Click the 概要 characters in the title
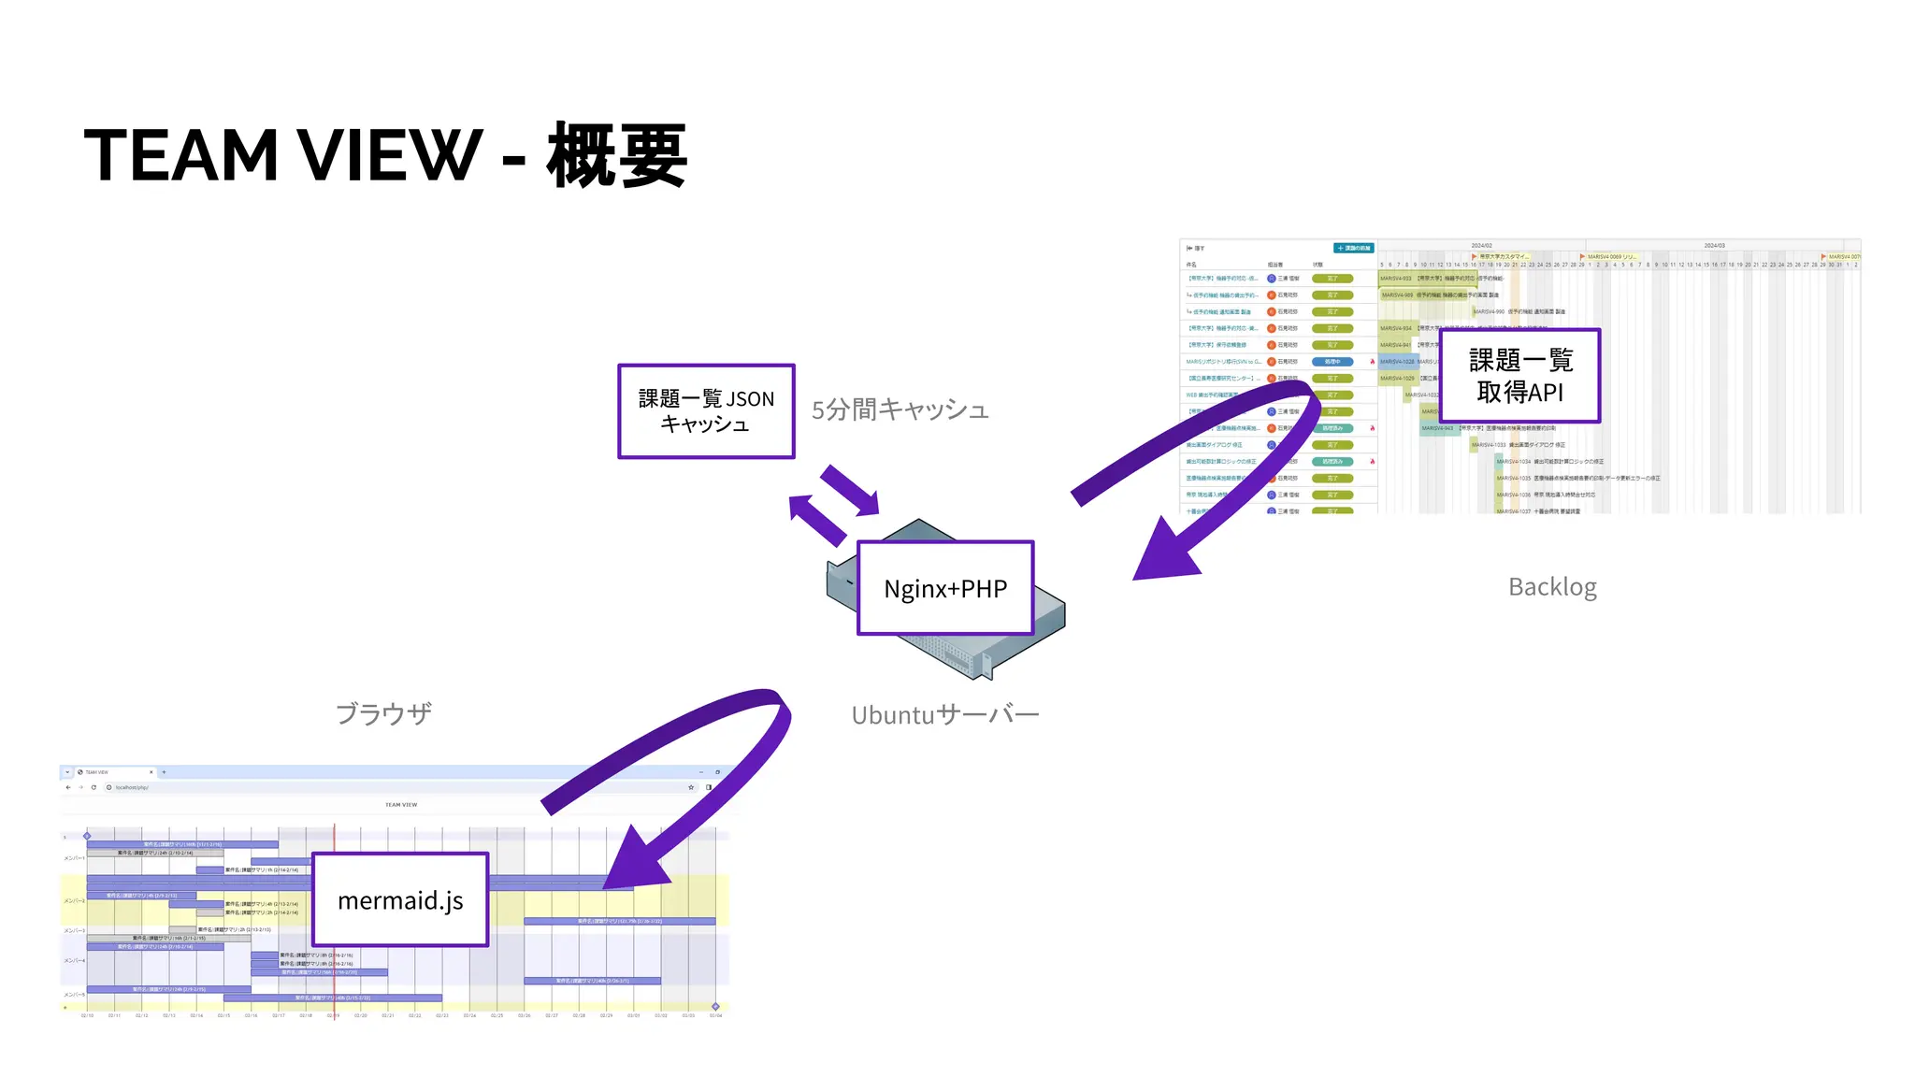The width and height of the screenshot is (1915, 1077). click(x=617, y=155)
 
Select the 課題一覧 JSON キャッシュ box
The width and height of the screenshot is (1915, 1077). click(x=706, y=411)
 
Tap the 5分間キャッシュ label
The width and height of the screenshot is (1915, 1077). click(x=900, y=409)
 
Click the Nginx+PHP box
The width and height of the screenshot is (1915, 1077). click(x=945, y=588)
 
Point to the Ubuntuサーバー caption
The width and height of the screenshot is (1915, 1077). click(x=944, y=715)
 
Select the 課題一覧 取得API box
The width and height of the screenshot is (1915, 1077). click(x=1519, y=376)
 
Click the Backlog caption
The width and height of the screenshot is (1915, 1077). click(x=1552, y=587)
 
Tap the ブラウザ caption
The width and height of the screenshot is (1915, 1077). click(x=383, y=713)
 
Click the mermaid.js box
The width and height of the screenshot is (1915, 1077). click(x=400, y=899)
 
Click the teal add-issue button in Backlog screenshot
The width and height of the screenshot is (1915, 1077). click(x=1353, y=248)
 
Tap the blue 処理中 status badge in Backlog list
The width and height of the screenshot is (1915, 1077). click(x=1332, y=362)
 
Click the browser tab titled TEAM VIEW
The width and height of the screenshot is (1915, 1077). click(x=103, y=772)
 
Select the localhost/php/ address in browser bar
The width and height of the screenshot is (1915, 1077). click(x=132, y=787)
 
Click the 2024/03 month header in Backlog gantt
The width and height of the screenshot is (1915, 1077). click(x=1714, y=246)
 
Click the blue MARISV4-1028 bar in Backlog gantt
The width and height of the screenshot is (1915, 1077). click(x=1397, y=362)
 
